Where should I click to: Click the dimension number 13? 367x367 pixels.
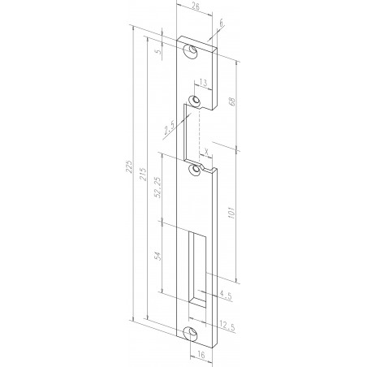[x=203, y=82]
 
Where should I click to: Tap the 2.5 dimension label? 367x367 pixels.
[x=170, y=128]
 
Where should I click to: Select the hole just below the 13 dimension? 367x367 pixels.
[x=194, y=101]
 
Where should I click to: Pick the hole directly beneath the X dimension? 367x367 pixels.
[x=194, y=171]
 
